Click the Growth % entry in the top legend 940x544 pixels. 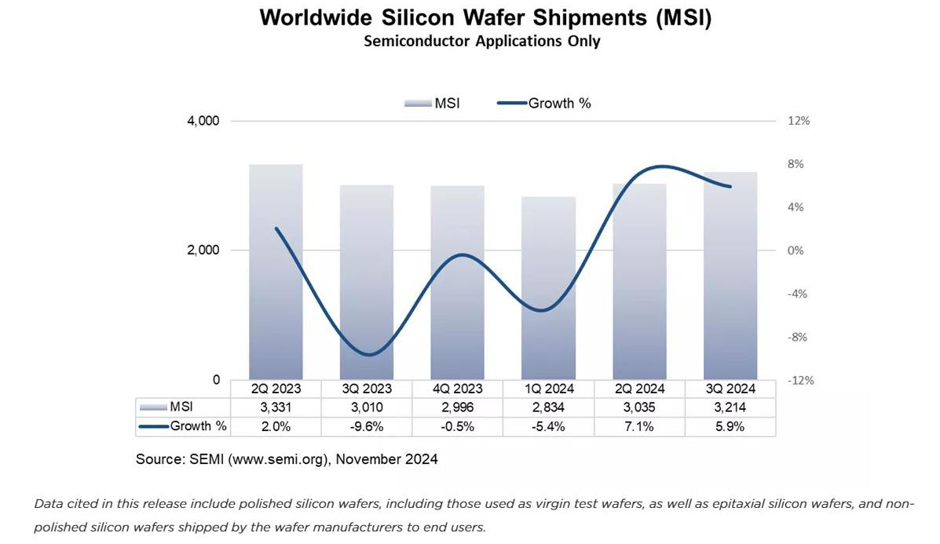point(543,103)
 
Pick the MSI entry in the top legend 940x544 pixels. point(432,103)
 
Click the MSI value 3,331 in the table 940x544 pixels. point(276,407)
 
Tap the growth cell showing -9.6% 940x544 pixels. point(366,426)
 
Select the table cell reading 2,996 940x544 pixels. point(457,407)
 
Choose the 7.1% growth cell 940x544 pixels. point(639,426)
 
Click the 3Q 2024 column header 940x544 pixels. point(730,389)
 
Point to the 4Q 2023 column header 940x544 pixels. point(457,389)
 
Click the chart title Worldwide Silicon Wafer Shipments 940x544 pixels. point(485,18)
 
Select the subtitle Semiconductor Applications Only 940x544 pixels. point(481,41)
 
